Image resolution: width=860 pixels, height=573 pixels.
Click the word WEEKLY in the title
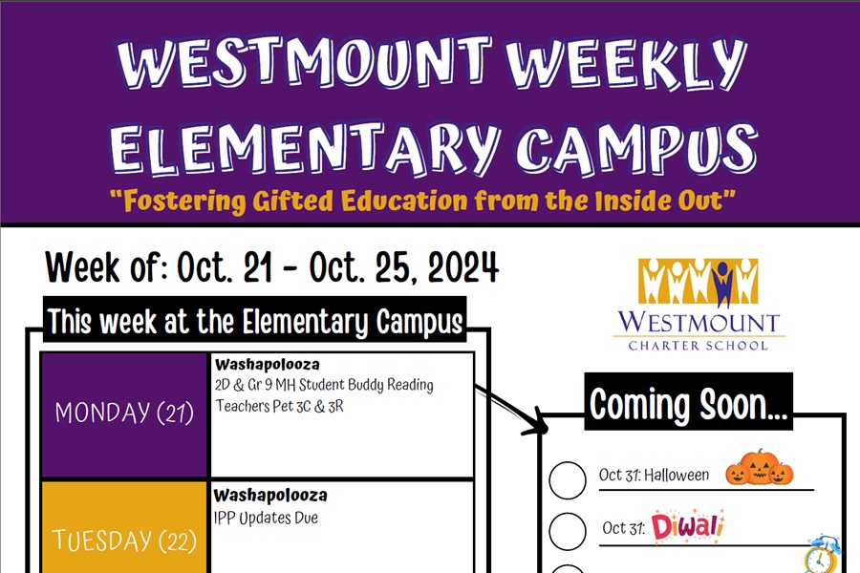[x=626, y=62]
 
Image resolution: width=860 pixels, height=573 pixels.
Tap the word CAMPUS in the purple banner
[x=636, y=148]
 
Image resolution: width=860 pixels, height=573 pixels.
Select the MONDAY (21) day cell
[x=124, y=415]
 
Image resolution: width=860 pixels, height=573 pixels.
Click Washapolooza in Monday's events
[x=268, y=364]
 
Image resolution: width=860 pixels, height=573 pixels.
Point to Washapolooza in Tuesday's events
[x=270, y=495]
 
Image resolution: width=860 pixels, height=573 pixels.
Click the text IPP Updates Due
[x=266, y=518]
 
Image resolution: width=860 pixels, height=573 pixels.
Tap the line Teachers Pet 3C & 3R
[x=279, y=406]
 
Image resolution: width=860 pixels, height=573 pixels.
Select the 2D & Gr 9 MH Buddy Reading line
[x=324, y=385]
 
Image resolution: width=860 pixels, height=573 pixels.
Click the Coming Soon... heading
[x=688, y=404]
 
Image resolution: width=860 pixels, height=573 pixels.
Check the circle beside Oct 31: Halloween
[x=568, y=480]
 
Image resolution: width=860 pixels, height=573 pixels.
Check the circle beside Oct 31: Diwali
[x=568, y=531]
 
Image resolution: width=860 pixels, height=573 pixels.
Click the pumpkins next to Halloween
[x=759, y=468]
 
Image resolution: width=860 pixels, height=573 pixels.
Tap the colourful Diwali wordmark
[x=688, y=526]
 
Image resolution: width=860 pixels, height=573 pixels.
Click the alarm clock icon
[x=822, y=555]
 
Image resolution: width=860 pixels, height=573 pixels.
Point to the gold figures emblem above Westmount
[x=699, y=282]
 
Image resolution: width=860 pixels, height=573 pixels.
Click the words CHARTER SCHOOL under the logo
[x=699, y=346]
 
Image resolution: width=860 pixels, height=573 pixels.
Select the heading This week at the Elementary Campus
[x=255, y=321]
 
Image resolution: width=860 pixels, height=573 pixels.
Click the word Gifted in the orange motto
[x=293, y=201]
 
